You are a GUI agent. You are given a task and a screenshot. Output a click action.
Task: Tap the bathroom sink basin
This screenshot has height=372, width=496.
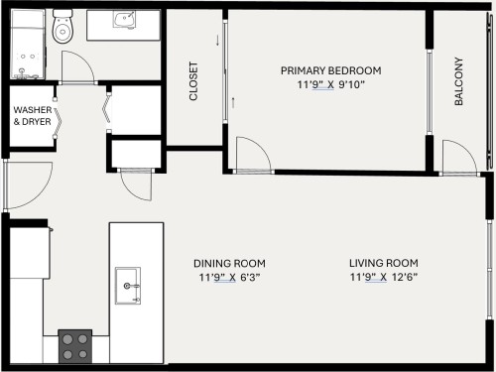(125, 21)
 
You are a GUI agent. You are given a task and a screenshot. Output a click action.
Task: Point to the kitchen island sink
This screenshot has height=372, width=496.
(130, 285)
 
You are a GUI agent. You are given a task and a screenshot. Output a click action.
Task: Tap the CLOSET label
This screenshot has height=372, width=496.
(193, 82)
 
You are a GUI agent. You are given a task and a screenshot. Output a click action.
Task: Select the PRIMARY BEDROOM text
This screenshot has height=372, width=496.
(330, 70)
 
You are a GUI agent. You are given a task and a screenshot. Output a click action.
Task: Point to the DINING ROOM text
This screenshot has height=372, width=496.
(229, 263)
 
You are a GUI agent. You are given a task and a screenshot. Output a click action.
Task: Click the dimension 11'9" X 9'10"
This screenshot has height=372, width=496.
(330, 84)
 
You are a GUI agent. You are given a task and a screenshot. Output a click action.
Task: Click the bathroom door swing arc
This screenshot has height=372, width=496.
(78, 67)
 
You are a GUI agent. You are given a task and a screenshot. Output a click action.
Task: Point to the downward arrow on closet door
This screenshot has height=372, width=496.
(218, 41)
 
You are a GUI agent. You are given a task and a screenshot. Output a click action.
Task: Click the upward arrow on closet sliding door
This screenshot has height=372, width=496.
(234, 102)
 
